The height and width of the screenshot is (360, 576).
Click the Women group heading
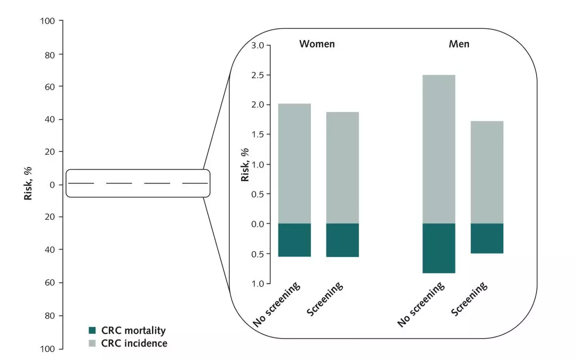pos(317,44)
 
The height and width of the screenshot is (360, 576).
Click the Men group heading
pos(459,44)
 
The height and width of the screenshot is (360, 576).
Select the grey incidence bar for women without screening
pos(295,164)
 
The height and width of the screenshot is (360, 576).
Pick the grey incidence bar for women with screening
pos(342,167)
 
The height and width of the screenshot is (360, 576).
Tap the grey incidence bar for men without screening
pos(439,149)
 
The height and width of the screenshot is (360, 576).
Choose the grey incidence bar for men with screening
pos(487,172)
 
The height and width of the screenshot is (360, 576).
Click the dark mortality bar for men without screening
pos(439,248)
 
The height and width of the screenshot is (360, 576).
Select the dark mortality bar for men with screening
pos(487,238)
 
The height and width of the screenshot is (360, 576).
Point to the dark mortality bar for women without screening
pos(295,240)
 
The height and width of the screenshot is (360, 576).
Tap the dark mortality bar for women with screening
pos(342,240)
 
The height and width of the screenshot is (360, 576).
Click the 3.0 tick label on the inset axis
pos(258,46)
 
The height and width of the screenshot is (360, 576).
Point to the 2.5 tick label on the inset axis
pos(258,75)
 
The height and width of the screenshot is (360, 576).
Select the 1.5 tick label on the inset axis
pos(258,134)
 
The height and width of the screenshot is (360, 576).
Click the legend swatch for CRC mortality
pos(93,331)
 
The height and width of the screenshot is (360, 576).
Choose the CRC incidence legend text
pos(134,343)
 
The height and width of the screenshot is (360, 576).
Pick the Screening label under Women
pos(325,299)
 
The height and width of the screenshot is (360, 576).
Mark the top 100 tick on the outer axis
pos(48,21)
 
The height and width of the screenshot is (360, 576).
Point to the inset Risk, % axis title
pos(245,165)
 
